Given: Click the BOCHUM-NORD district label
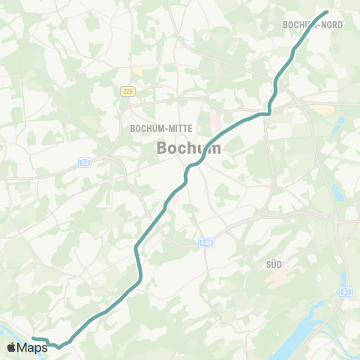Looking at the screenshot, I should click(x=313, y=25).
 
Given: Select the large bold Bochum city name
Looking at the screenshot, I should click(x=189, y=148).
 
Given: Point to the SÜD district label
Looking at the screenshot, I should click(x=273, y=264).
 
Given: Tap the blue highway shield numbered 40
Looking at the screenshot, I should click(x=84, y=162).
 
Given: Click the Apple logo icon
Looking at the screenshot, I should click(x=12, y=347).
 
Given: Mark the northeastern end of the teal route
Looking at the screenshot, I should click(x=327, y=12).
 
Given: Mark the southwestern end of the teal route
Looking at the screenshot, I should click(x=33, y=339).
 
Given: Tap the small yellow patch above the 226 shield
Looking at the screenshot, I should click(x=137, y=70).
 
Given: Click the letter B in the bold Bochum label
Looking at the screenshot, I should click(x=163, y=148).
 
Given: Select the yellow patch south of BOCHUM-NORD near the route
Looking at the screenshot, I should click(x=321, y=109).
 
